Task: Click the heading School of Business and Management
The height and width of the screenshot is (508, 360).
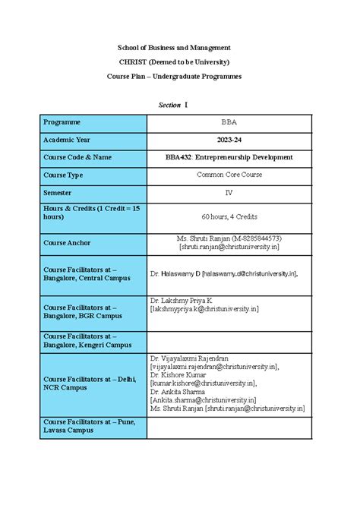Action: pos(179,47)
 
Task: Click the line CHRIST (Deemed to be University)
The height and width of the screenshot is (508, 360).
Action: pos(179,62)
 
